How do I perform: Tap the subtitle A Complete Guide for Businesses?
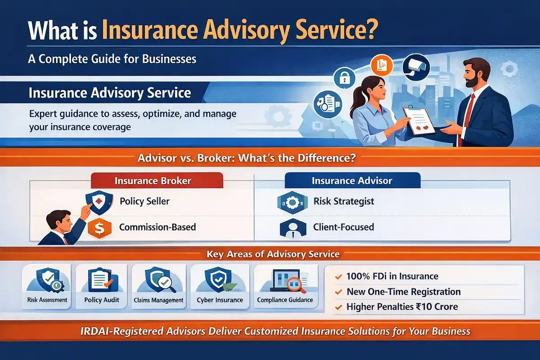(112, 58)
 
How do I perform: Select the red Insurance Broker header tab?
(153, 181)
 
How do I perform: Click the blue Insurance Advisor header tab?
(352, 181)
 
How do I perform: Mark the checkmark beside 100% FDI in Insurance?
(338, 277)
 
